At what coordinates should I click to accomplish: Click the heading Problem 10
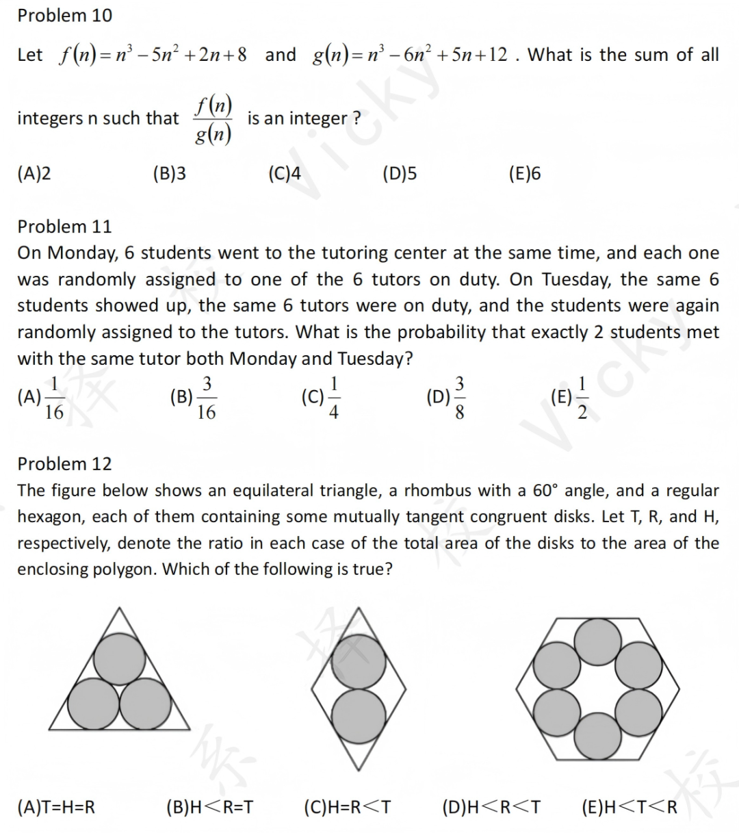pyautogui.click(x=64, y=15)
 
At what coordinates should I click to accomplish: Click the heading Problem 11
pyautogui.click(x=64, y=227)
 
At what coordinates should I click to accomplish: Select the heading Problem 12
pyautogui.click(x=64, y=464)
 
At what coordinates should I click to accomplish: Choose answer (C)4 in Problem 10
pyautogui.click(x=285, y=174)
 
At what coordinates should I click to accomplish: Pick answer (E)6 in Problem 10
pyautogui.click(x=525, y=174)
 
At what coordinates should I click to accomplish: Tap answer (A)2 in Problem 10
pyautogui.click(x=34, y=174)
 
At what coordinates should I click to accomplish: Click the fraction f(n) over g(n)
pyautogui.click(x=213, y=120)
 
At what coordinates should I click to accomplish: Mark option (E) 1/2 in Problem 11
pyautogui.click(x=571, y=398)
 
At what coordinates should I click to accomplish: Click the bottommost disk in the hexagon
pyautogui.click(x=598, y=734)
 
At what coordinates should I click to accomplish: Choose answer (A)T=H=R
pyautogui.click(x=56, y=808)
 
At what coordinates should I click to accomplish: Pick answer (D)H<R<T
pyautogui.click(x=491, y=808)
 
